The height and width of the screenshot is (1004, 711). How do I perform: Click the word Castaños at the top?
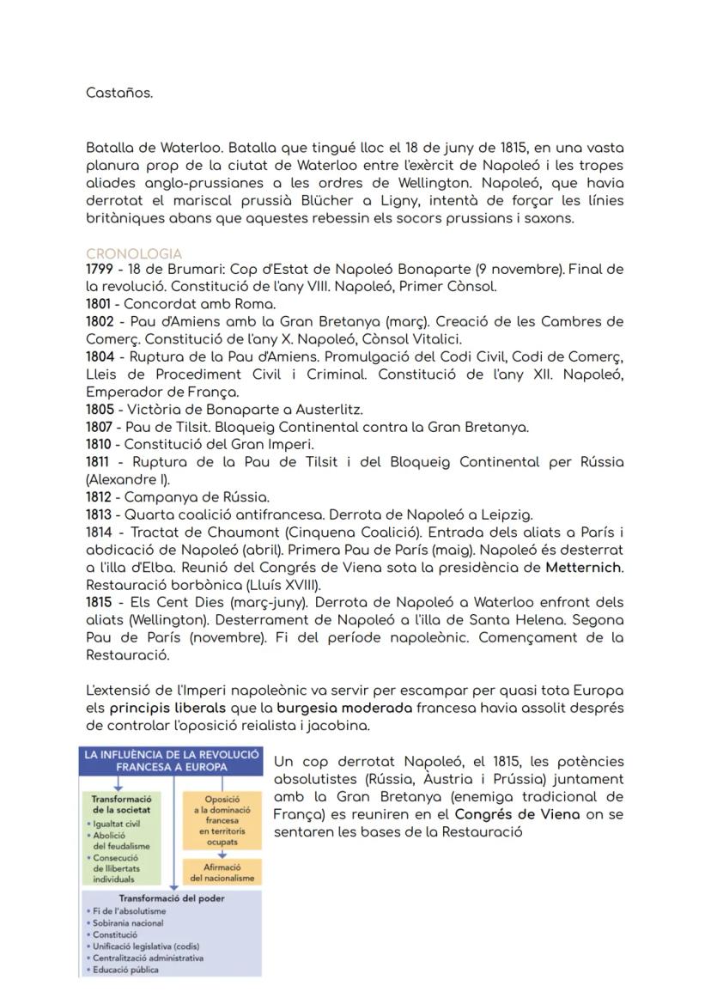(x=118, y=93)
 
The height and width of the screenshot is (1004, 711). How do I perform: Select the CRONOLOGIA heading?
(x=134, y=254)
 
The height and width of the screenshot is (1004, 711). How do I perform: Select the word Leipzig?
(x=506, y=515)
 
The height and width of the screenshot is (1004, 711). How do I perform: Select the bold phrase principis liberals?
(x=167, y=709)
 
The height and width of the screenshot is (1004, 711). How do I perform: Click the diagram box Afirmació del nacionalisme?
(x=222, y=873)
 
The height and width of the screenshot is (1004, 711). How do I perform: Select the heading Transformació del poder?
(x=172, y=898)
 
